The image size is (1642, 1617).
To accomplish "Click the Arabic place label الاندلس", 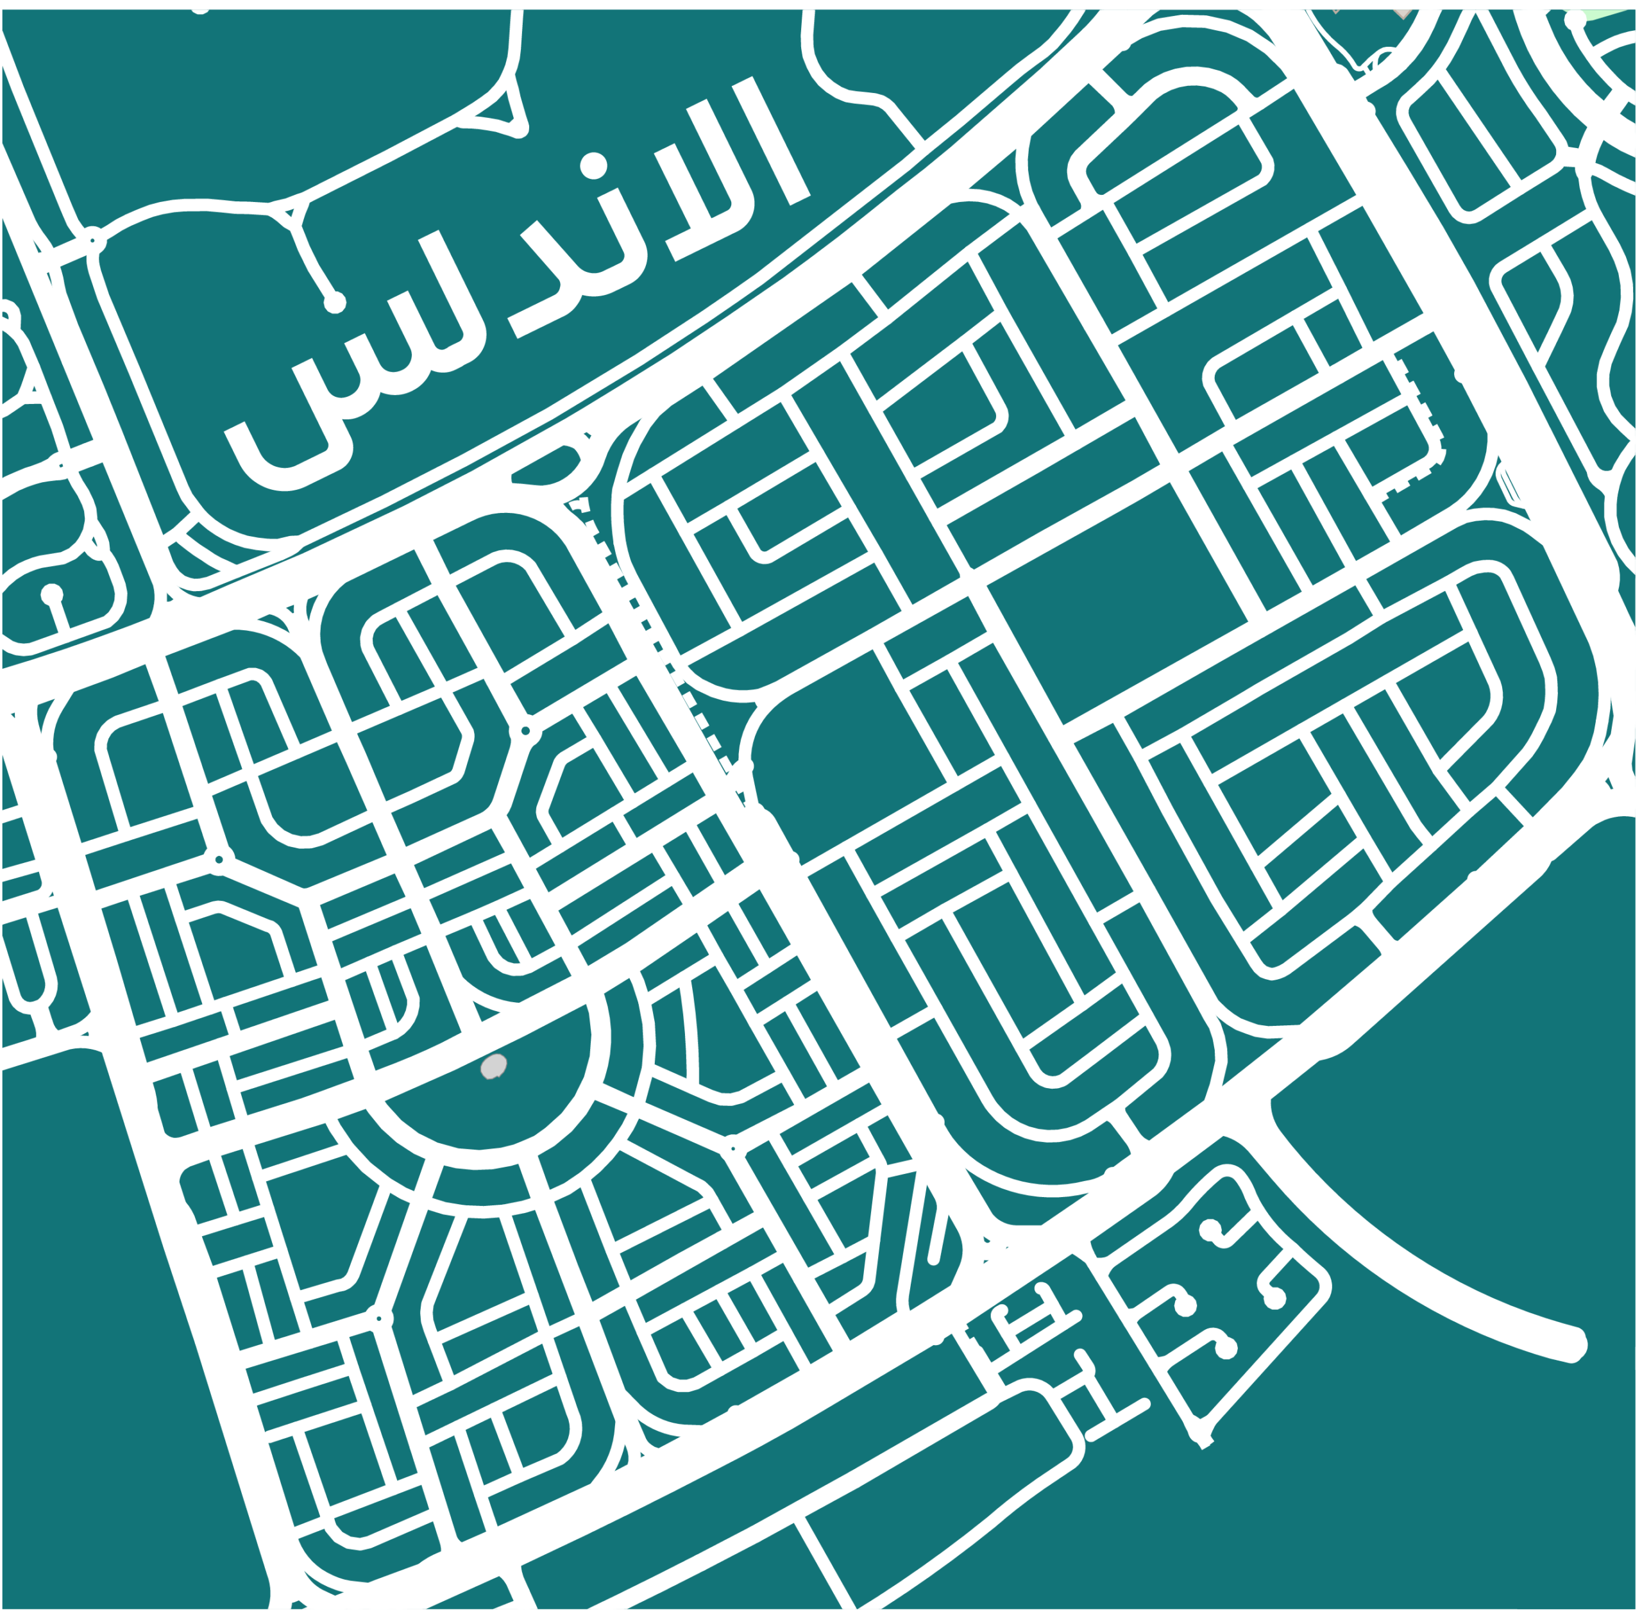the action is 510,280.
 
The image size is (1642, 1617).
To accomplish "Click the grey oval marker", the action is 493,1066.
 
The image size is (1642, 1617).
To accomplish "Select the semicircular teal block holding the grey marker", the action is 493,1096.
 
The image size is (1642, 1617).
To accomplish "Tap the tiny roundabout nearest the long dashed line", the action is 526,730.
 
